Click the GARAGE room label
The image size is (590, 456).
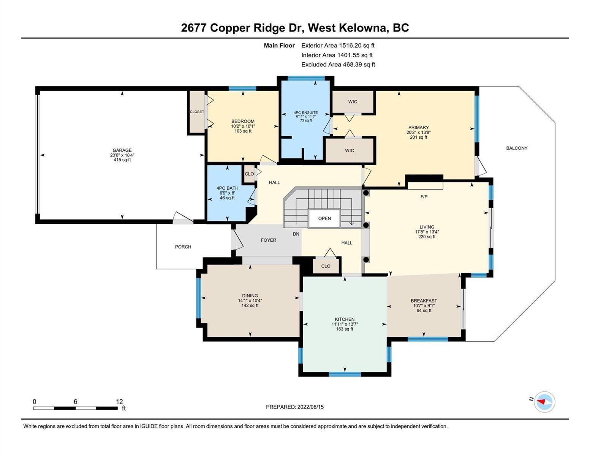[122, 150]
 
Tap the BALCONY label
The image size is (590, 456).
[517, 148]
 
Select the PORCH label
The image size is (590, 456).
[183, 247]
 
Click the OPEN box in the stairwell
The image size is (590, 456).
[324, 218]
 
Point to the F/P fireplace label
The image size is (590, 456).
[424, 196]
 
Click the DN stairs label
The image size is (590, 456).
[296, 234]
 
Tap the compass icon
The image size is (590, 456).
[544, 402]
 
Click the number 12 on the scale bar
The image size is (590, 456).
[119, 401]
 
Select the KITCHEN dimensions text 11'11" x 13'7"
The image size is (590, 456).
[345, 324]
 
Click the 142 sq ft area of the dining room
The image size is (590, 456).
[250, 305]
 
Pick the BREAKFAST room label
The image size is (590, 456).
[424, 301]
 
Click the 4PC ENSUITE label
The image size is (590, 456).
[306, 112]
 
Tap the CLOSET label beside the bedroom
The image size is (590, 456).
[197, 112]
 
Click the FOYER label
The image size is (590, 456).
[269, 240]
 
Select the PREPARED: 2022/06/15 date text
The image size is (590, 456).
[295, 407]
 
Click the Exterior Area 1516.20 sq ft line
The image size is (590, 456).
[338, 45]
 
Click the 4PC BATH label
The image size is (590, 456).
[227, 188]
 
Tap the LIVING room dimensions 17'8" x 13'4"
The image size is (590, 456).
[427, 232]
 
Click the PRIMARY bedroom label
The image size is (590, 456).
[418, 127]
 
